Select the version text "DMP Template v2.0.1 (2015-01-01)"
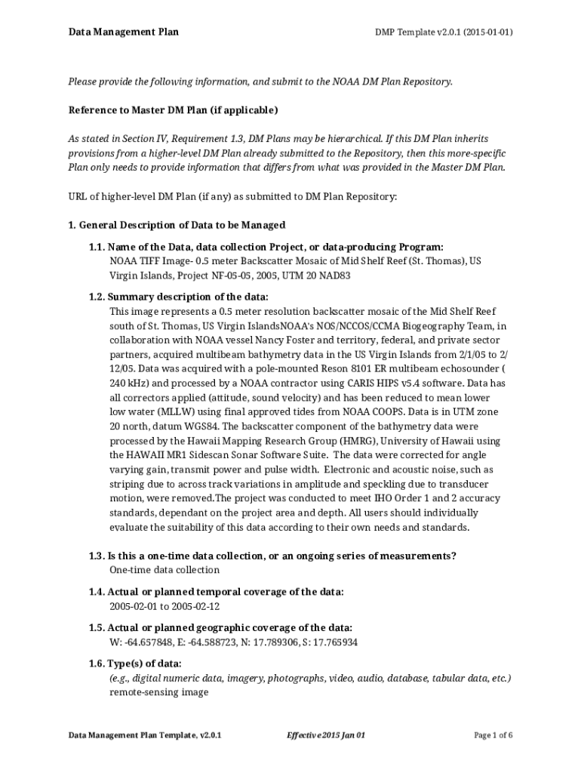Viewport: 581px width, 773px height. [444, 32]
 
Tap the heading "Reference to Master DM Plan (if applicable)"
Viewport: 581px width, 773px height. [173, 111]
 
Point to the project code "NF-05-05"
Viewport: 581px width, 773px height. [229, 276]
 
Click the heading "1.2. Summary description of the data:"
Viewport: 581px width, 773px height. [178, 297]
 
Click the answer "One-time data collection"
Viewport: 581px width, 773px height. [164, 570]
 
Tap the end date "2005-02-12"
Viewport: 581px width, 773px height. [195, 606]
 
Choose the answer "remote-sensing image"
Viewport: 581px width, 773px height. [158, 691]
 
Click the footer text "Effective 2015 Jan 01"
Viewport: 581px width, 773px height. [326, 735]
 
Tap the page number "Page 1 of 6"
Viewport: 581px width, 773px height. [493, 735]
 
